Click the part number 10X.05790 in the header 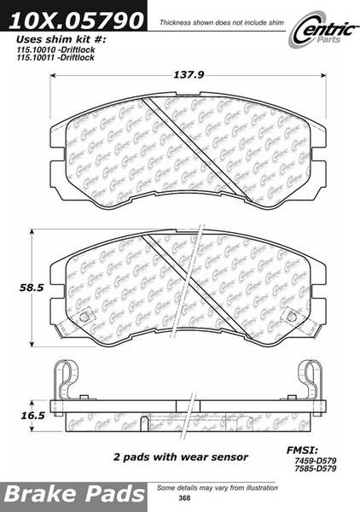76,20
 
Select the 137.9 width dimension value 189,75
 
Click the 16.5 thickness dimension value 32,416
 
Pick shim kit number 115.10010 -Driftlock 55,49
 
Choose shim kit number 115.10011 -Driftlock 55,57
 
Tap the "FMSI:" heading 302,451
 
